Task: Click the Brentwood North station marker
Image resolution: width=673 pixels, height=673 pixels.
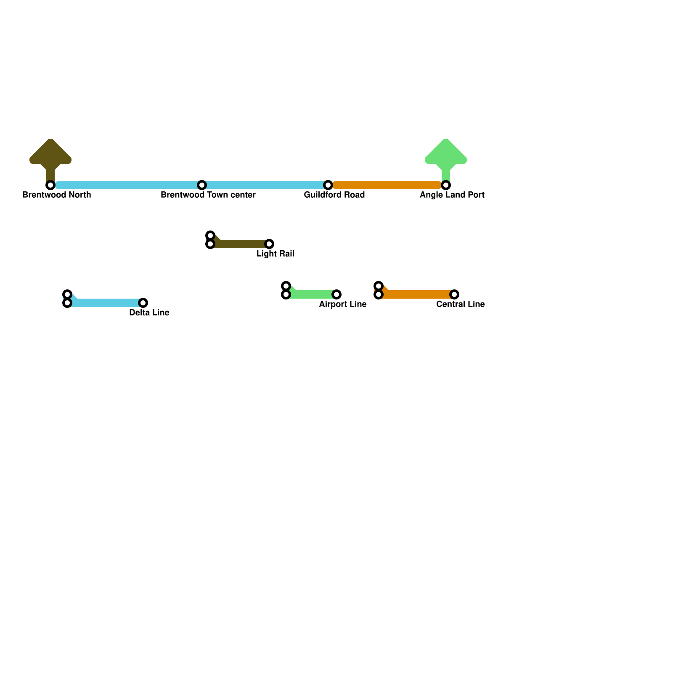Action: click(50, 185)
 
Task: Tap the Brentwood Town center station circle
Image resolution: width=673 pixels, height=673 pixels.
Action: click(202, 185)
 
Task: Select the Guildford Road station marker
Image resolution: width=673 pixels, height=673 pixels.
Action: click(328, 185)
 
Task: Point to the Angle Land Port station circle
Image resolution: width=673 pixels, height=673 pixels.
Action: click(446, 185)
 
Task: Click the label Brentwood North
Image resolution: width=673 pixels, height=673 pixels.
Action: click(57, 195)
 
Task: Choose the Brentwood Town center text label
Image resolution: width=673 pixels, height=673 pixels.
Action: click(208, 195)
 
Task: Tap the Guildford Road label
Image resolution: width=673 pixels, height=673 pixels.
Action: click(334, 195)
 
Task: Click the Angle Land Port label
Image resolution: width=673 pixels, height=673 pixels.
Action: click(452, 195)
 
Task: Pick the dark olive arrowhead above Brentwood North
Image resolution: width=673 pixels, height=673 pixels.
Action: click(50, 153)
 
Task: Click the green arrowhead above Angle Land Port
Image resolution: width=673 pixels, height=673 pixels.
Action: click(446, 153)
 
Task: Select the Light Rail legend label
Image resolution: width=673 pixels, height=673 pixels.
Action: click(276, 254)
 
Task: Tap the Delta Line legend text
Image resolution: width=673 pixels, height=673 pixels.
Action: click(149, 313)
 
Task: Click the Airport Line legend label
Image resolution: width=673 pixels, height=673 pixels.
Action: click(343, 305)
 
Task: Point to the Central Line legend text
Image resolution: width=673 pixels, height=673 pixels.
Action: click(461, 305)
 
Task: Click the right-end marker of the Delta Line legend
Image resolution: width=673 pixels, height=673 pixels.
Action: click(143, 303)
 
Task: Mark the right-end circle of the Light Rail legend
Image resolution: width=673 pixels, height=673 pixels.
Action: click(269, 244)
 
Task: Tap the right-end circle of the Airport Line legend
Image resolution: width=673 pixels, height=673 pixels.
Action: click(336, 294)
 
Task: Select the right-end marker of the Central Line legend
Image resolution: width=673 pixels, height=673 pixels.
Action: click(454, 294)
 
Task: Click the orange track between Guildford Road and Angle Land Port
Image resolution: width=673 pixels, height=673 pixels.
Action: click(387, 185)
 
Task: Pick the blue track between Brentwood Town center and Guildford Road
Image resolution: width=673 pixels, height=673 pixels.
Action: click(265, 185)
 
